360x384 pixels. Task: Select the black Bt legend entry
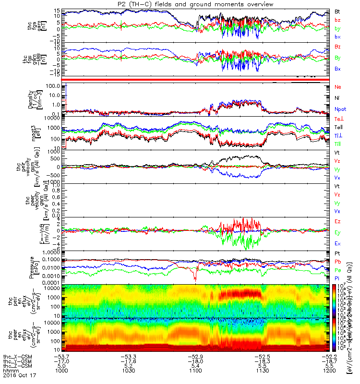pos(337,11)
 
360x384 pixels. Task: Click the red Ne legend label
pos(337,87)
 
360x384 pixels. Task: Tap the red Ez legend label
pos(337,221)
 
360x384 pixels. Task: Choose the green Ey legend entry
pos(337,232)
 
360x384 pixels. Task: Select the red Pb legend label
pos(337,262)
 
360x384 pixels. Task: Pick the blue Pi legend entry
pos(337,278)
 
